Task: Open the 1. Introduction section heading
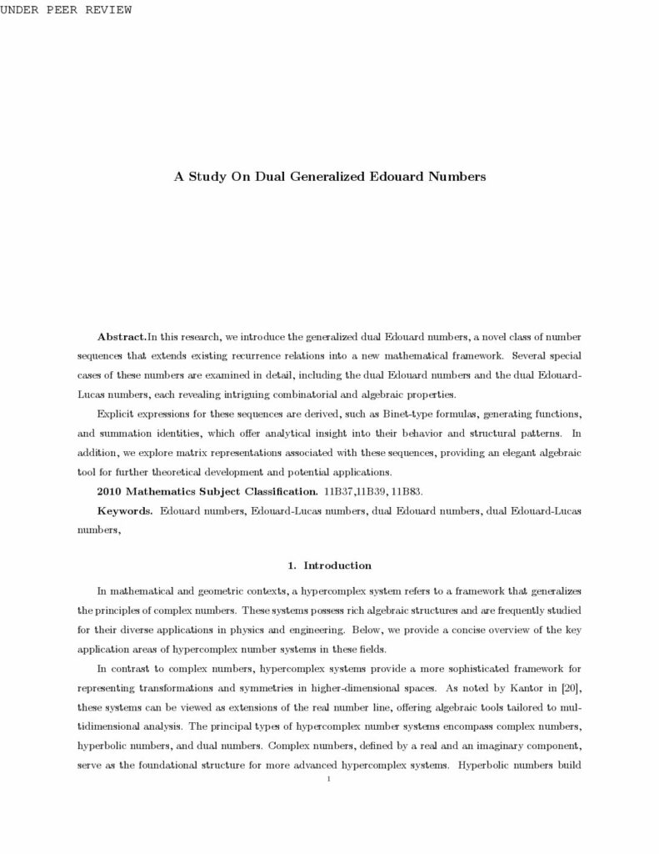point(329,565)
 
